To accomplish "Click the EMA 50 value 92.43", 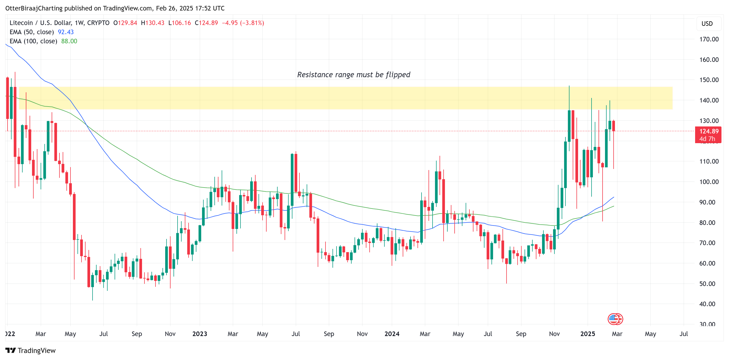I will pos(66,32).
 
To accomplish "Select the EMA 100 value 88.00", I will pos(69,41).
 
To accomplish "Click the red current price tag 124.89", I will pos(708,131).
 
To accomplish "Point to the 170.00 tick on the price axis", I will pos(709,39).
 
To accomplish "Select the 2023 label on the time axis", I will pos(200,334).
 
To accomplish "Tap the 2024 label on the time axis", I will pos(392,334).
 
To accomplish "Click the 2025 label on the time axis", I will pos(588,334).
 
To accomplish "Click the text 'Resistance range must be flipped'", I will pos(353,75).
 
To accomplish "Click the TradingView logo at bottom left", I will pos(31,350).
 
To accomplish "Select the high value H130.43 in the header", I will pos(153,23).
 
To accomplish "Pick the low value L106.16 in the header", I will pos(179,23).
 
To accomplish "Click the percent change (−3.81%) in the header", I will pos(252,23).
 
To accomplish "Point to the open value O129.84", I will pos(125,23).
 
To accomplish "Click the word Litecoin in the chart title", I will pos(21,23).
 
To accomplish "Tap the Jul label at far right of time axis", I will pos(684,334).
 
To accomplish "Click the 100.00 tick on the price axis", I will pos(709,182).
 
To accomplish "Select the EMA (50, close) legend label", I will pos(32,32).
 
